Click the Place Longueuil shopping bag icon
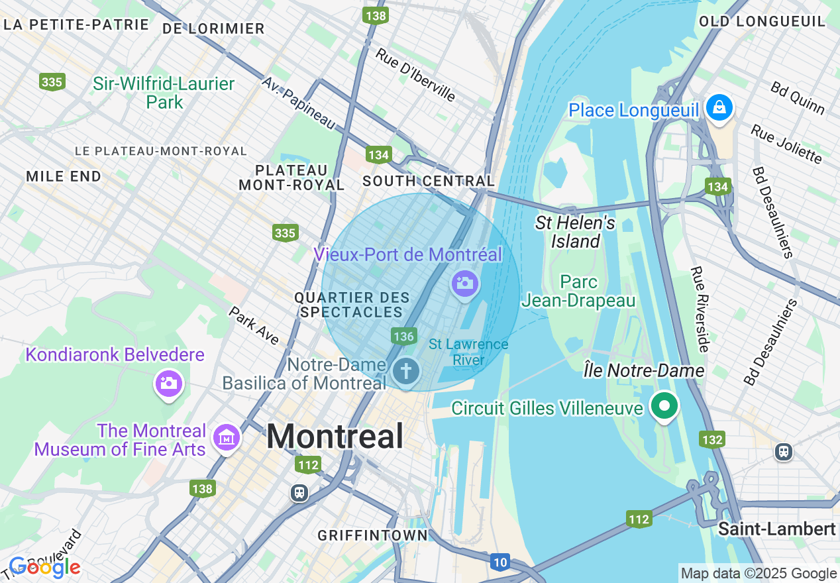point(719,106)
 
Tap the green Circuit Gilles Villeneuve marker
point(664,405)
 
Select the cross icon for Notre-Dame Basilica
point(405,370)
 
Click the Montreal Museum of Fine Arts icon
point(227,437)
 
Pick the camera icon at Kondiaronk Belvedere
point(168,383)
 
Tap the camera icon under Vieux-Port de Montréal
point(464,284)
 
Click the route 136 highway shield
point(403,336)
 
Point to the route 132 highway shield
point(712,439)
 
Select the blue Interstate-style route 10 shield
point(500,562)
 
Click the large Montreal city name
point(335,437)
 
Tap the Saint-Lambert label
point(777,529)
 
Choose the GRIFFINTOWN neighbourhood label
point(372,535)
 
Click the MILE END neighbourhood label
point(64,176)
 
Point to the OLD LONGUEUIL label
point(762,21)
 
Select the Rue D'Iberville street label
point(415,74)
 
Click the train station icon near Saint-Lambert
point(784,452)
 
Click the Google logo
point(44,567)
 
